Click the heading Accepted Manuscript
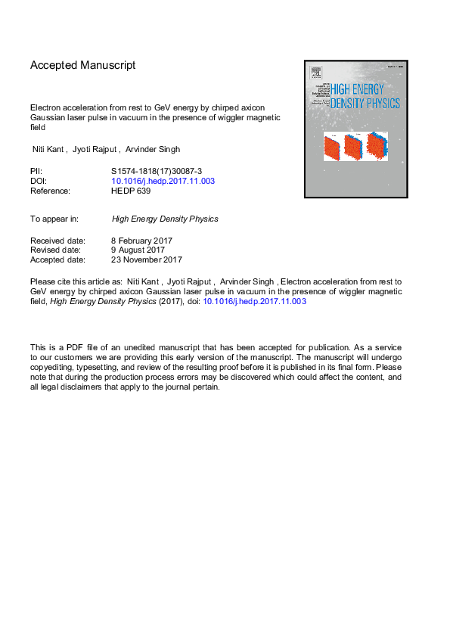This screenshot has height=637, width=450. [83, 66]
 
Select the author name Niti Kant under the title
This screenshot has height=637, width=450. [48, 150]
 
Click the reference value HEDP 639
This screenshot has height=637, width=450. [131, 191]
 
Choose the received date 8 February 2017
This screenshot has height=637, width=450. [142, 241]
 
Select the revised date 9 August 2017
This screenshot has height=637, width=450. [138, 250]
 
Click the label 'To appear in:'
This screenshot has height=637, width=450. [54, 219]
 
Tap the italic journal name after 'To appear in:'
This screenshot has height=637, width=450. [165, 219]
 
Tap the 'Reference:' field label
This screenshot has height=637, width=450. [50, 191]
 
